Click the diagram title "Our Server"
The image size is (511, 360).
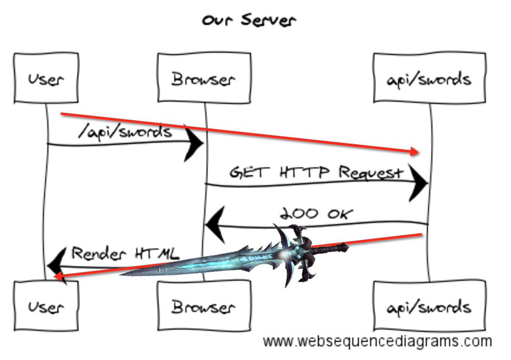click(249, 21)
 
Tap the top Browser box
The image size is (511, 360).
click(204, 78)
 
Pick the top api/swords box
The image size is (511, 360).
click(430, 78)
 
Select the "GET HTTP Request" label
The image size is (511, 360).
click(316, 172)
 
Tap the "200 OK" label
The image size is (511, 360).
click(316, 213)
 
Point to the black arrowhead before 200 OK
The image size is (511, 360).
click(215, 226)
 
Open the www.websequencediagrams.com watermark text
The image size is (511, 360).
click(377, 341)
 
